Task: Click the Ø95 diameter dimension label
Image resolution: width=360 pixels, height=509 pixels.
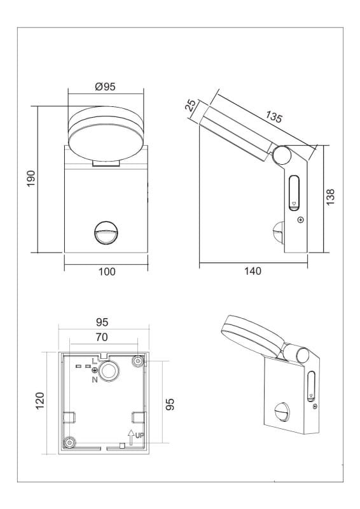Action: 105,87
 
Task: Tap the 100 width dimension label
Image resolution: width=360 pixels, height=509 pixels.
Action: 106,272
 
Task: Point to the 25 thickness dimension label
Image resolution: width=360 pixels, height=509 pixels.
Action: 191,106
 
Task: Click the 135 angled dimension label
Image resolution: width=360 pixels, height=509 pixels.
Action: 273,117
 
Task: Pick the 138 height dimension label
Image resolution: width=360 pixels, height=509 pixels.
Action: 330,197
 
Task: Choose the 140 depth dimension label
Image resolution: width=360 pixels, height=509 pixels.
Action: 253,271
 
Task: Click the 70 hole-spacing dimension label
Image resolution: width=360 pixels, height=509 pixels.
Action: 102,337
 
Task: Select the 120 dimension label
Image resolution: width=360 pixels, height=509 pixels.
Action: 39,401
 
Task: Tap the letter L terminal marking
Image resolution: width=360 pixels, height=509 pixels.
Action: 95,361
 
